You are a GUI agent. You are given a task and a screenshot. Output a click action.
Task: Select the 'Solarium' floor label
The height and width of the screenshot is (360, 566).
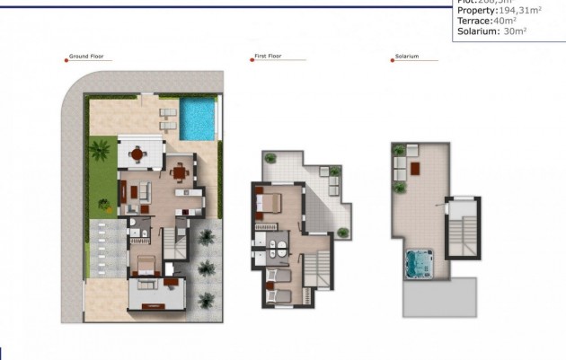click(x=407, y=59)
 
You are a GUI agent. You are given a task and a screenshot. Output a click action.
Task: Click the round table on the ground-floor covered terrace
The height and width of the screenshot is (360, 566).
click(x=137, y=154)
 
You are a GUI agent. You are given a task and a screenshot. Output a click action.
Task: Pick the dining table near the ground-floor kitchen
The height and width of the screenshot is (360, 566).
click(x=180, y=171)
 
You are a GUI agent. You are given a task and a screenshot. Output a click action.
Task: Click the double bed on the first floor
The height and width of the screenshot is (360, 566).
click(x=270, y=202)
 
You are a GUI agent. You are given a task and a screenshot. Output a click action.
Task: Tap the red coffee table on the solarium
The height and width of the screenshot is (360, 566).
click(x=414, y=166)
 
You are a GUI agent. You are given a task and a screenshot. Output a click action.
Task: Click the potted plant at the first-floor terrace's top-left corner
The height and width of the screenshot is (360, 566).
click(x=268, y=157)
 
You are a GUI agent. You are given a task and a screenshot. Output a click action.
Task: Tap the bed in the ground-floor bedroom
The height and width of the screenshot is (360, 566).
click(x=146, y=265)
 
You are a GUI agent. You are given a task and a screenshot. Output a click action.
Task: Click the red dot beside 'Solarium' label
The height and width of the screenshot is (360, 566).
click(x=392, y=60)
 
